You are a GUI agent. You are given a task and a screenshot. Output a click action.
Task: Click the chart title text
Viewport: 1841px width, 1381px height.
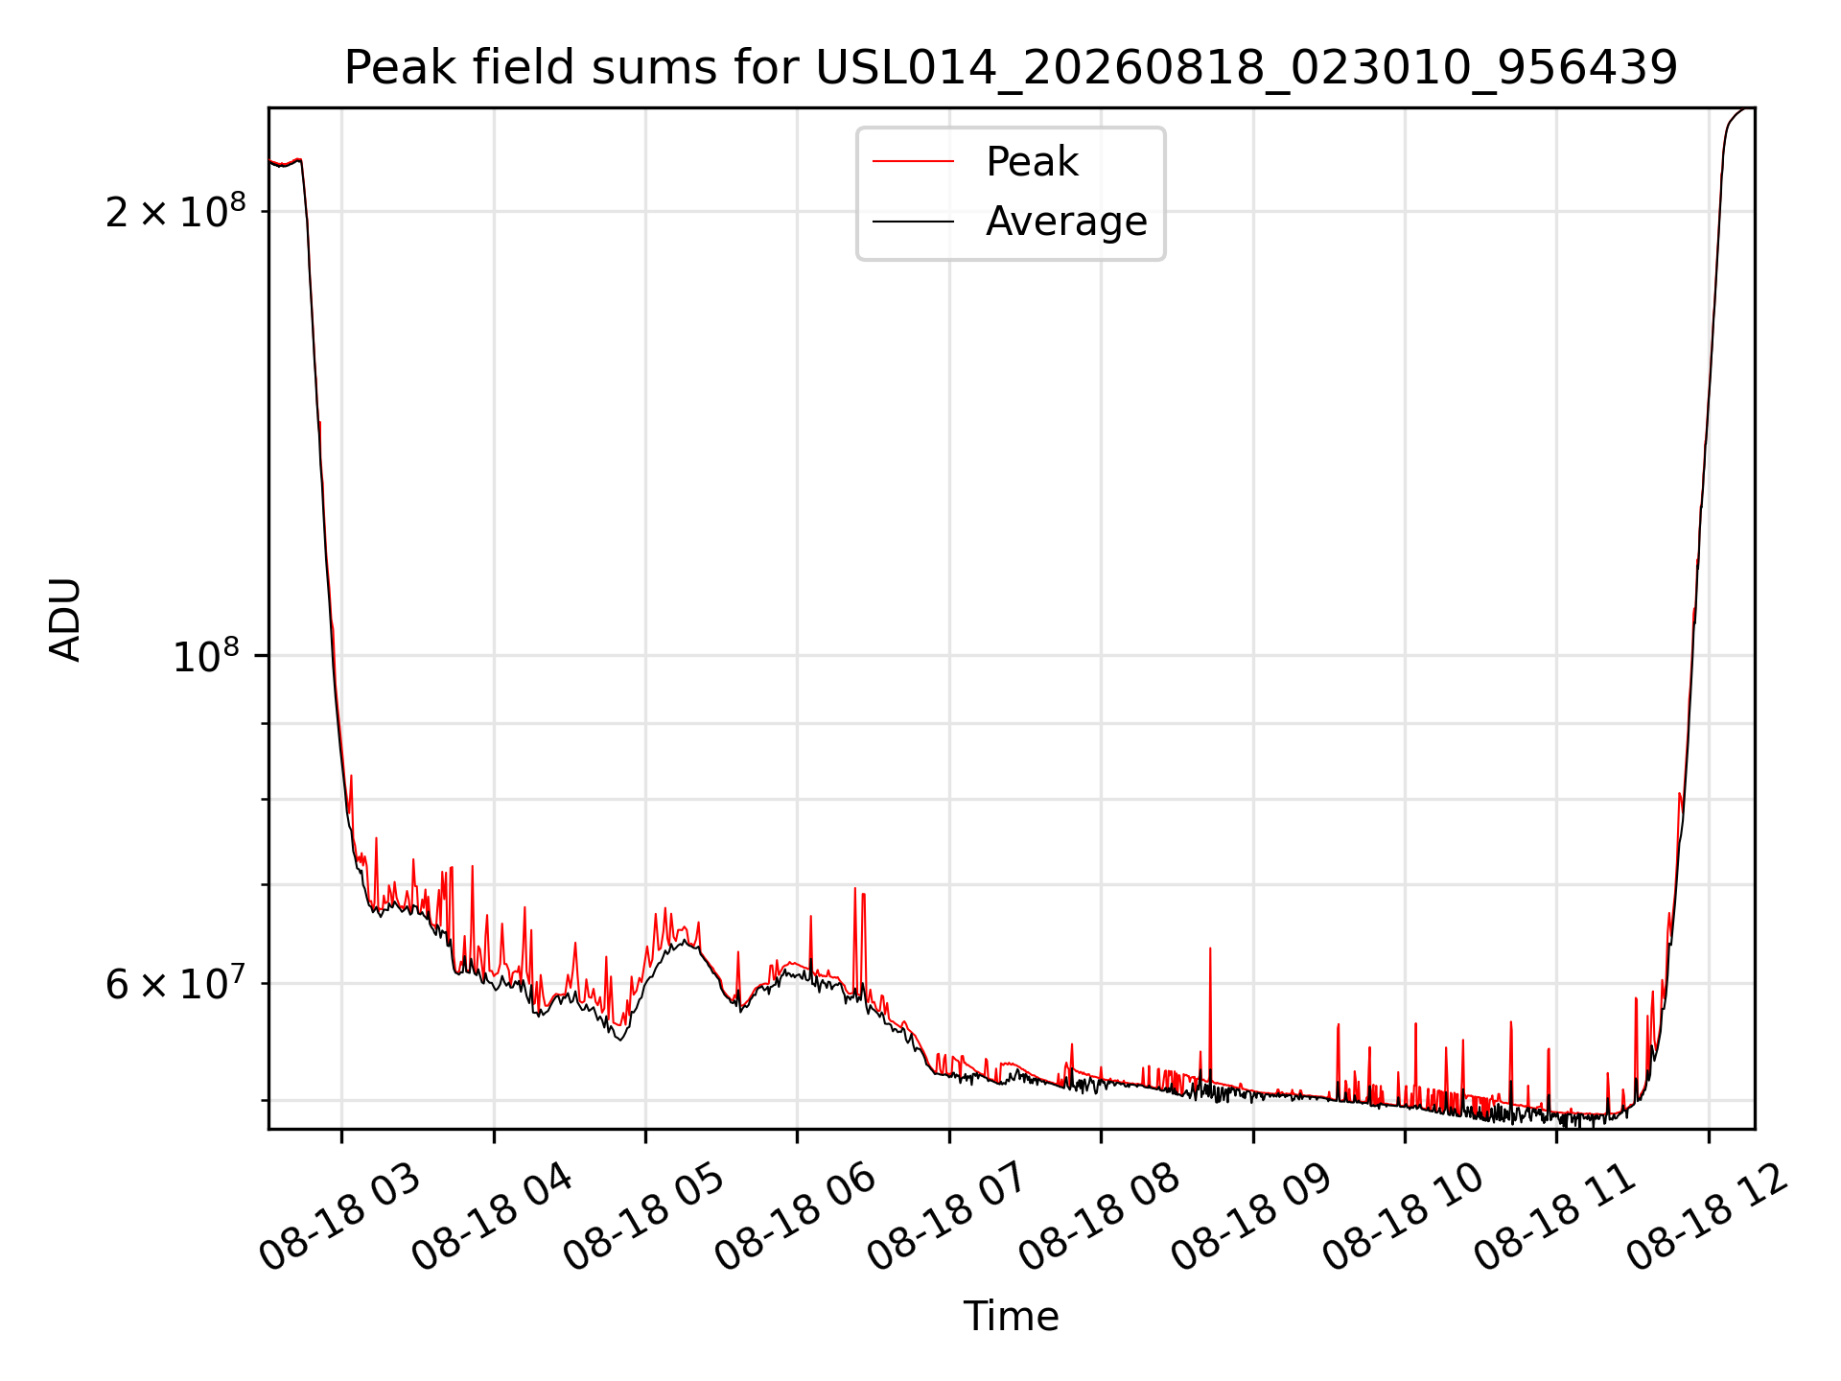(1011, 67)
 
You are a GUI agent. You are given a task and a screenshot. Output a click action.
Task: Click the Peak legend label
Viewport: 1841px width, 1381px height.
(1032, 162)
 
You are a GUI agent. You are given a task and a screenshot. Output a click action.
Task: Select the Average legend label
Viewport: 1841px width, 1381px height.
(1066, 222)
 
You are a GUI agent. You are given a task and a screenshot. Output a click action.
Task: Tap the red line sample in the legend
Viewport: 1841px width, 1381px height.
(913, 162)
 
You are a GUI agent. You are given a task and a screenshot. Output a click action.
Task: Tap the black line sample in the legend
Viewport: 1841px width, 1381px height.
(913, 222)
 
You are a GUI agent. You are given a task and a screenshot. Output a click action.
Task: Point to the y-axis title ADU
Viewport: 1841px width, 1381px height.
(65, 619)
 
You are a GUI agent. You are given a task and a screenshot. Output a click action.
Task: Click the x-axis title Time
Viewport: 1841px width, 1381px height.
(1011, 1317)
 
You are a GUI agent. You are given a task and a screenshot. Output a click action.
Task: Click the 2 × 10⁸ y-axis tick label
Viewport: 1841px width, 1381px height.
(175, 210)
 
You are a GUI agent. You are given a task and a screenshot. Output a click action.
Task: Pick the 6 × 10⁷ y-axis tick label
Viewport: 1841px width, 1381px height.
(175, 983)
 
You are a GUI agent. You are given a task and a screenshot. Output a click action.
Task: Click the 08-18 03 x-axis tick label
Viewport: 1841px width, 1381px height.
(340, 1217)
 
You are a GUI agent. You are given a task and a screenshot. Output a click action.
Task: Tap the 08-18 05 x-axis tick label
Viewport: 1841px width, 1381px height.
(644, 1217)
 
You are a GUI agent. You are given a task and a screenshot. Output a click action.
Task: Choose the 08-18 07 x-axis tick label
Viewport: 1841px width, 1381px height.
(948, 1217)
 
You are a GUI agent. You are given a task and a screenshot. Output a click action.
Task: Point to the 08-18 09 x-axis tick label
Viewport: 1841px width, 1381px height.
(1252, 1217)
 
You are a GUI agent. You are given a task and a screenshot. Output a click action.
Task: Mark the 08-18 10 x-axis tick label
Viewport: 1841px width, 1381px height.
(1404, 1217)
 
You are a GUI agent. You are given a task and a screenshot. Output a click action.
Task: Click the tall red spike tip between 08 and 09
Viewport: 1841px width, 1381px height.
(1210, 948)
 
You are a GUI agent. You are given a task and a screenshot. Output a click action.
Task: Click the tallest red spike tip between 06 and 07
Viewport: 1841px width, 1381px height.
(854, 888)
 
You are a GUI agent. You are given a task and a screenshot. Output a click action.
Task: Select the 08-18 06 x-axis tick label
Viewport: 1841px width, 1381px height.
(796, 1217)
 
